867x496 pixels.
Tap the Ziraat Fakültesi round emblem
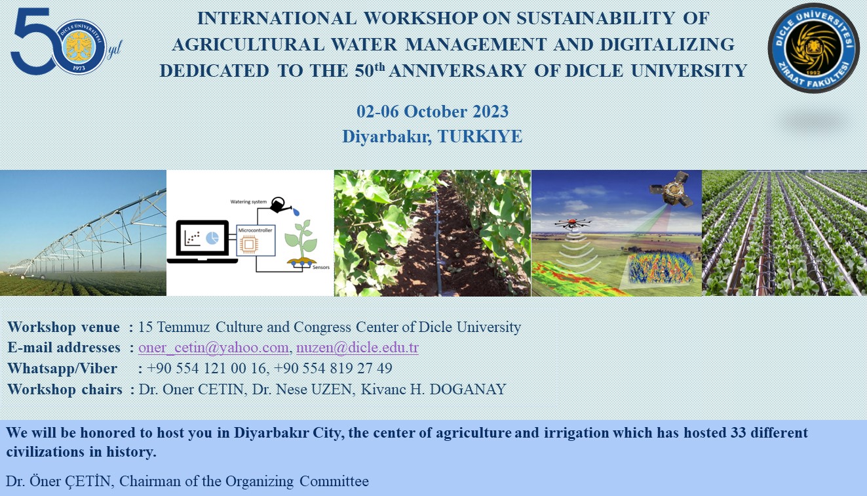pos(813,48)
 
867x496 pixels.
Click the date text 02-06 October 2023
pos(433,112)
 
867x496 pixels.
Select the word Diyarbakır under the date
pos(387,136)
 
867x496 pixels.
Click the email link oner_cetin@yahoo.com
pos(213,348)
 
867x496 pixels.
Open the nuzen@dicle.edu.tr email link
pos(357,348)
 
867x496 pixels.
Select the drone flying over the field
pos(574,224)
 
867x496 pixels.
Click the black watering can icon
pos(280,205)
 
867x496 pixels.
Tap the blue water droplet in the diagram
pos(296,213)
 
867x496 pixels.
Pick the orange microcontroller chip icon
pos(249,244)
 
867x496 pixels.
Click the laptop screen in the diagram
pos(202,238)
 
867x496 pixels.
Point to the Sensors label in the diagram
pos(321,268)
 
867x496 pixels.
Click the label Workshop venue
pos(64,327)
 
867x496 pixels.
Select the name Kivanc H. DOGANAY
pos(434,389)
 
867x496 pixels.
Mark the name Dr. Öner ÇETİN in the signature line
pos(60,481)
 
